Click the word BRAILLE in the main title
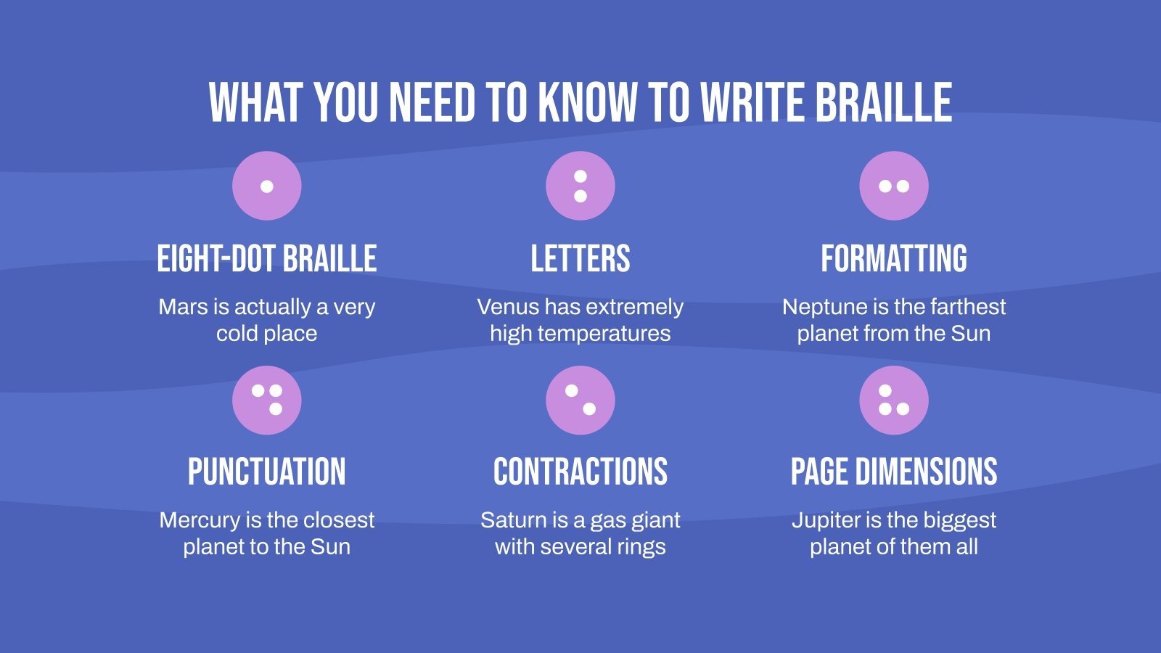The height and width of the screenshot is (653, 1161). tap(883, 102)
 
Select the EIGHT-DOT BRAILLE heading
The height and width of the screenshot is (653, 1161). tap(267, 259)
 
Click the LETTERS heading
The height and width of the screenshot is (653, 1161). tap(580, 259)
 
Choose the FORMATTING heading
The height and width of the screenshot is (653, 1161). tap(894, 259)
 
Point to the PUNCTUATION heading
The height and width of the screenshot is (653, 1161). tap(267, 472)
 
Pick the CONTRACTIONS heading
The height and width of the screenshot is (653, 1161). tap(580, 472)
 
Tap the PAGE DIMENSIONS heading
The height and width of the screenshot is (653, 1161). tap(894, 472)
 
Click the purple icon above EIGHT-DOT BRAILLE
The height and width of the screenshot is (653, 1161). tap(267, 186)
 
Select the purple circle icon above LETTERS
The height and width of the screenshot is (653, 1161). tap(580, 186)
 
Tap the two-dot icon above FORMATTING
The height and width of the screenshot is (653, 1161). tap(894, 186)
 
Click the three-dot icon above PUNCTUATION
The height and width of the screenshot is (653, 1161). tap(267, 400)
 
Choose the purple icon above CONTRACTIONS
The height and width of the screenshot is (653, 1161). tap(580, 400)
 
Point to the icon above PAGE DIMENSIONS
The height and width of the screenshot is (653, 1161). tap(894, 400)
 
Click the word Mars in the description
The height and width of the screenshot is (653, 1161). tap(183, 307)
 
